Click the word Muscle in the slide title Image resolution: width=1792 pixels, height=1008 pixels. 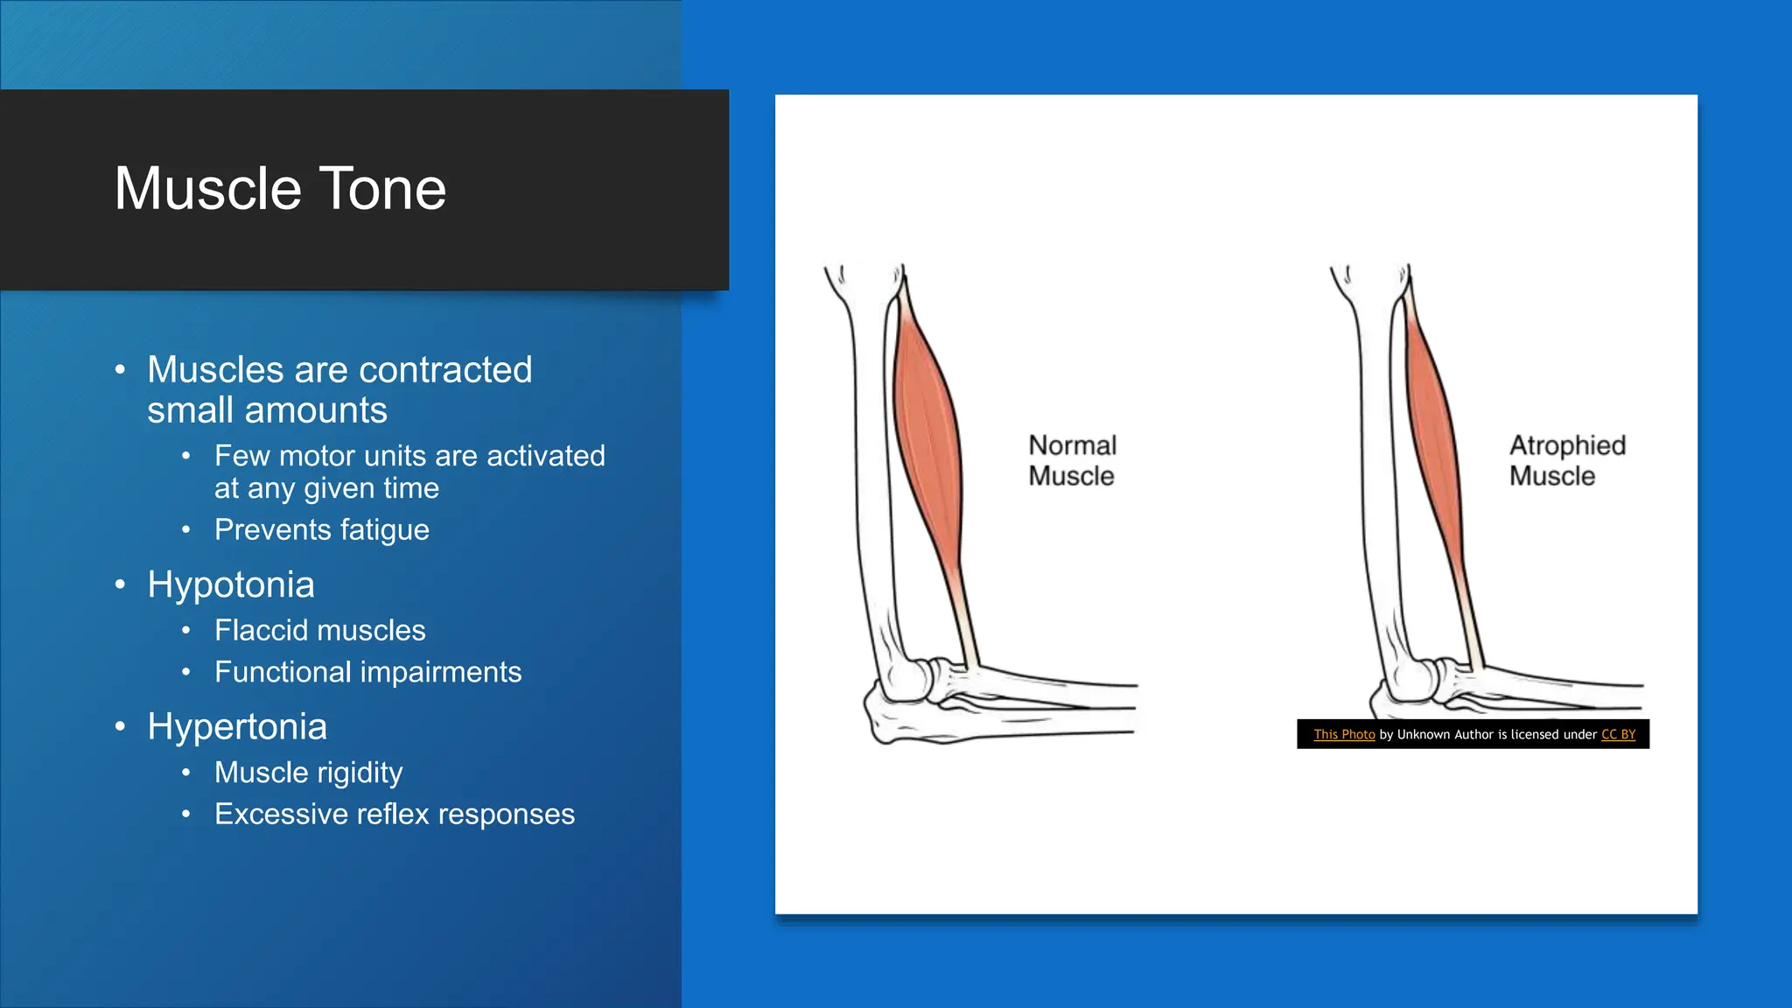[207, 189]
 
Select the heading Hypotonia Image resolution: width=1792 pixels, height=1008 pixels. [230, 584]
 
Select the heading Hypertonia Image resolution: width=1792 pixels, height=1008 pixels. [236, 726]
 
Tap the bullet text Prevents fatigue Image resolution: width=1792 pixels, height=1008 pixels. [321, 529]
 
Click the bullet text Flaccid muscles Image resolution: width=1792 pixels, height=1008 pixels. [319, 630]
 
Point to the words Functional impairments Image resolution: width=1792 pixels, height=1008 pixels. [367, 672]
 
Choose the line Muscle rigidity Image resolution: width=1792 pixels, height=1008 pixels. [308, 773]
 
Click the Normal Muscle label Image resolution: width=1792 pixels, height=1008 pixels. [1072, 460]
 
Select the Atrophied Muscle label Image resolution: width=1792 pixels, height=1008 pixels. [1566, 460]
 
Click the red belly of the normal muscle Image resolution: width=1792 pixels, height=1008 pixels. [927, 437]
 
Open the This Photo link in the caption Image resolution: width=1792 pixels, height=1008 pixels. [1343, 735]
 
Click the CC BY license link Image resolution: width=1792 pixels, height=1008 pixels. [1618, 735]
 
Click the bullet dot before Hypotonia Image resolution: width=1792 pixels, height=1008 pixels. [121, 584]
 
